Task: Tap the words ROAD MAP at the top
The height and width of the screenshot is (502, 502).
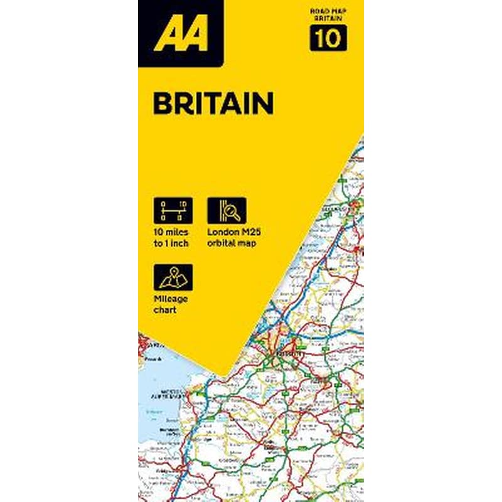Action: [x=328, y=11]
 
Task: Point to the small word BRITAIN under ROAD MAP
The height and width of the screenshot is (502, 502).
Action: [x=328, y=19]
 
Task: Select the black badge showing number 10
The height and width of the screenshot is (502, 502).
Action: [x=328, y=39]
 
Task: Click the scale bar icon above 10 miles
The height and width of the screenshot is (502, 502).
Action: [x=173, y=211]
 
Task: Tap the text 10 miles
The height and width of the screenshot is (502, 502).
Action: [x=170, y=232]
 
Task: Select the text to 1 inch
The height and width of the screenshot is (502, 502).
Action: [x=171, y=243]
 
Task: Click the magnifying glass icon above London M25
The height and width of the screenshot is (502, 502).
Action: [x=227, y=211]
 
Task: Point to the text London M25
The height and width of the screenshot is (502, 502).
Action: [x=234, y=232]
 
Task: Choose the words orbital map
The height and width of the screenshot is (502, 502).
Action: [x=233, y=243]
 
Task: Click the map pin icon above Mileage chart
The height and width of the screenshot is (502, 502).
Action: [x=173, y=277]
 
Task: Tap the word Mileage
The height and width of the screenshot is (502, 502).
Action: [x=171, y=299]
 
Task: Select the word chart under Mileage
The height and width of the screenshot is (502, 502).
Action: [x=166, y=311]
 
